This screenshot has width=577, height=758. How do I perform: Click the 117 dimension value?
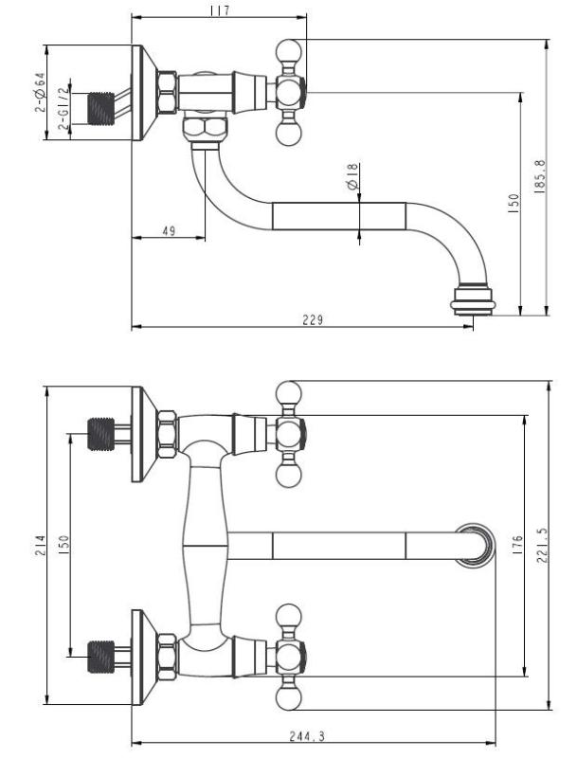[x=220, y=9]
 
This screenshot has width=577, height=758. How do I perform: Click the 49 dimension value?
[x=168, y=230]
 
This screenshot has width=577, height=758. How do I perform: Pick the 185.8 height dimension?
[x=538, y=176]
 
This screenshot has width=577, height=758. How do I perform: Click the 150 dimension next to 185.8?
[x=512, y=203]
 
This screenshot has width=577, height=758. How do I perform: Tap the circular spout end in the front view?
[x=475, y=546]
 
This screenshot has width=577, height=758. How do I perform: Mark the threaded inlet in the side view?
[x=103, y=109]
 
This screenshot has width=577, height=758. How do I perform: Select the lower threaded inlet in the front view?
[x=101, y=654]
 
